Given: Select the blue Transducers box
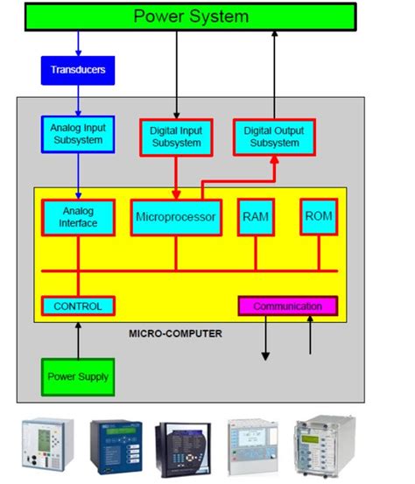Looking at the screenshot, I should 78,70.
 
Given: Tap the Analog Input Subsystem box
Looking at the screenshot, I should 77,133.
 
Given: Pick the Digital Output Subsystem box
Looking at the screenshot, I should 274,137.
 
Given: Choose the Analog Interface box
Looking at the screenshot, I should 78,217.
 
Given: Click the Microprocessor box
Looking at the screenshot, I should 175,216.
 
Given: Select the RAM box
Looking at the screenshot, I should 256,216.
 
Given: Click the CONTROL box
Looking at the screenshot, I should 78,306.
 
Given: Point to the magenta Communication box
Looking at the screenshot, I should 287,306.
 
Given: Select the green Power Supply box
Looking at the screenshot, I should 78,376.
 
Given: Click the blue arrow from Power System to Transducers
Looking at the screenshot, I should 78,44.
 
